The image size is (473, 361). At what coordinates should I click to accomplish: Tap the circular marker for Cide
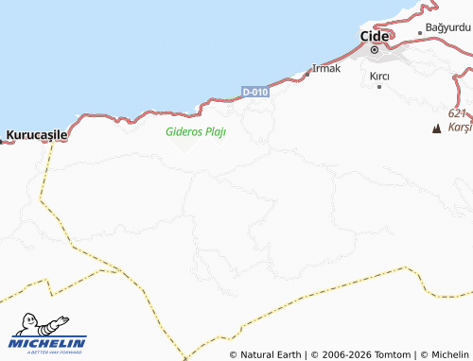[x=375, y=49]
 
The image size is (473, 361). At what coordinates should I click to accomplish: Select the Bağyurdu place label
[x=447, y=28]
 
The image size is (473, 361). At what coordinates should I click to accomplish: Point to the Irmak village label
[x=326, y=68]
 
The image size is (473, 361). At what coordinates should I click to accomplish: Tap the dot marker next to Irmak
[x=307, y=74]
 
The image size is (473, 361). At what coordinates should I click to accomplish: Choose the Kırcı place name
[x=380, y=75]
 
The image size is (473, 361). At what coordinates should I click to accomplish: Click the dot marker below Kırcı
[x=379, y=87]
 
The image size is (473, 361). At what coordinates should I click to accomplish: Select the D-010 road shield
[x=254, y=92]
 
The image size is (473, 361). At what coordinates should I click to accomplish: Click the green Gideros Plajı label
[x=195, y=131]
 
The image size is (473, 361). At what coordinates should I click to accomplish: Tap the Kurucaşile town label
[x=37, y=135]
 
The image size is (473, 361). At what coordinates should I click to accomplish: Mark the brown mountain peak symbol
[x=437, y=128]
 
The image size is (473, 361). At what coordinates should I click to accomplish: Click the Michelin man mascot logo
[x=41, y=323]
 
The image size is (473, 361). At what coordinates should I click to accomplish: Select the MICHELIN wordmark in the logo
[x=48, y=343]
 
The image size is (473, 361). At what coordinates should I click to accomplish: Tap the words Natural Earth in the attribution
[x=271, y=354]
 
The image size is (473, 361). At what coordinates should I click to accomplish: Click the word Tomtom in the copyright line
[x=394, y=354]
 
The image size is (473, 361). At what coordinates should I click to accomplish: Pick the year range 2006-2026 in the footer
[x=347, y=354]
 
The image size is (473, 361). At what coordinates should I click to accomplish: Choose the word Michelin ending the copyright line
[x=449, y=354]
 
